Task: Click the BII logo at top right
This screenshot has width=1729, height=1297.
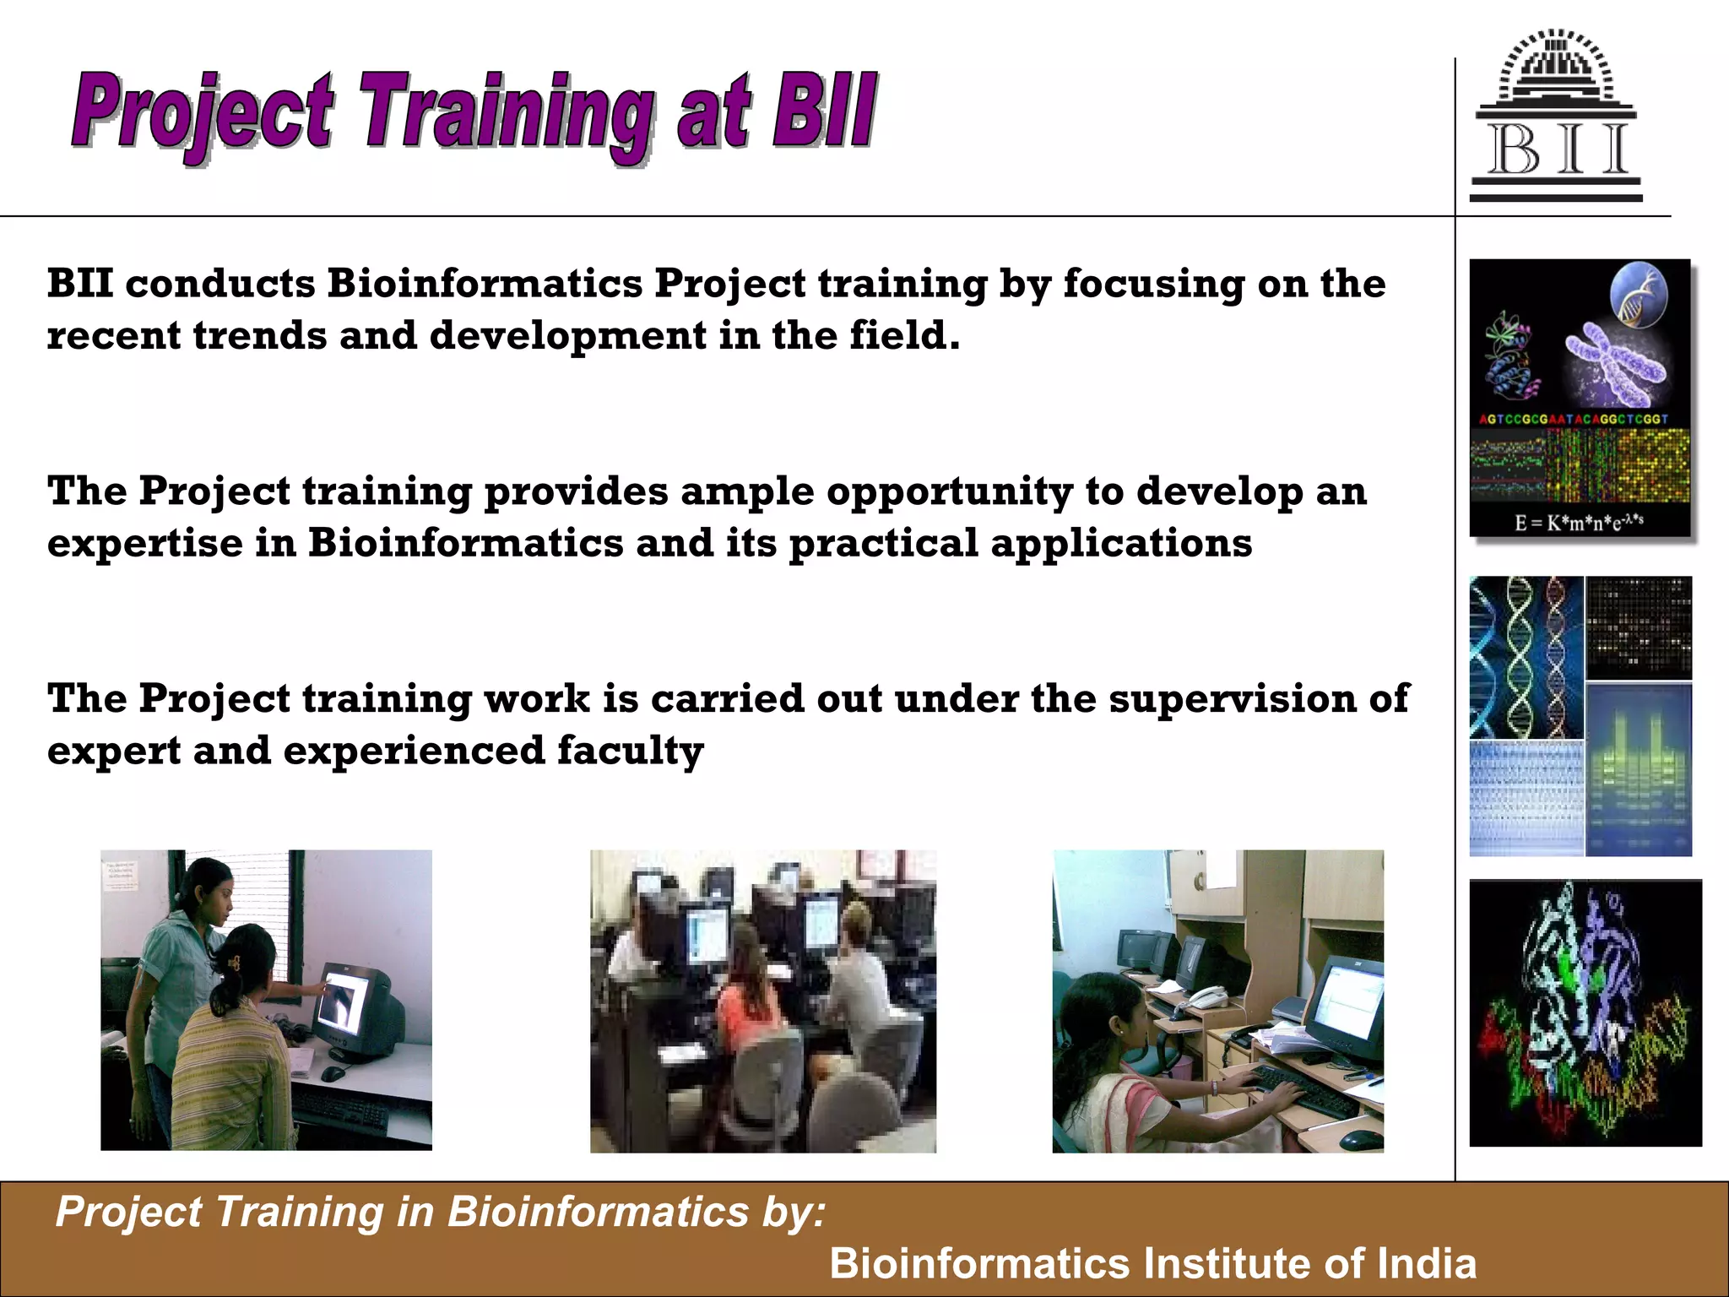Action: (x=1556, y=118)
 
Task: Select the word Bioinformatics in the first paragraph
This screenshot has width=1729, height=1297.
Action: (x=485, y=283)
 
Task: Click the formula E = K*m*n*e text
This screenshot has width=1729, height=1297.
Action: (x=1578, y=522)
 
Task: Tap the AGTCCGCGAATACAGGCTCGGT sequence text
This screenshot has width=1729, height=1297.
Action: (x=1573, y=419)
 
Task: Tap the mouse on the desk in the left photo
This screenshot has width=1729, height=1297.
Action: (x=333, y=1074)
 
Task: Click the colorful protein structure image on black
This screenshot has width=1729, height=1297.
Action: (x=1585, y=1013)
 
